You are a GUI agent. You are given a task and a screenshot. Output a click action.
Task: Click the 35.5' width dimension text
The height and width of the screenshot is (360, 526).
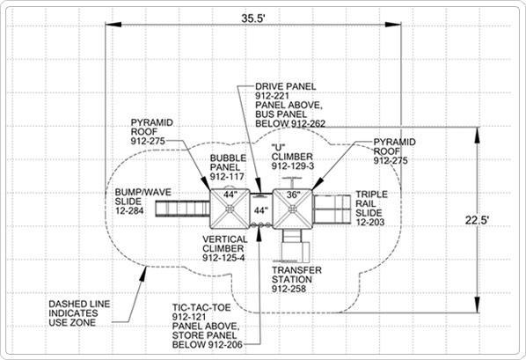(253, 18)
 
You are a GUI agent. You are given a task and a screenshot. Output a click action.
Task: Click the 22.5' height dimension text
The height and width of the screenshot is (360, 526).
(477, 220)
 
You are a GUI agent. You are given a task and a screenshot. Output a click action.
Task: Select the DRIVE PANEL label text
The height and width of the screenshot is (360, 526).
(286, 86)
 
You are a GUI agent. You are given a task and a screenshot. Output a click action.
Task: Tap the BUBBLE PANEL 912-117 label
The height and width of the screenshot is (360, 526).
(228, 167)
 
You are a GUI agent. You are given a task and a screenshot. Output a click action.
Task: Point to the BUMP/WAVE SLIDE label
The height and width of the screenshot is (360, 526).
(142, 202)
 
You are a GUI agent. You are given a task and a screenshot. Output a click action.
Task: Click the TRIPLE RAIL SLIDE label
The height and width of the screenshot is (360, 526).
(371, 209)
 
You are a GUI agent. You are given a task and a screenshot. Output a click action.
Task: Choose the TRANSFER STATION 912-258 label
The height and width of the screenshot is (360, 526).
(296, 279)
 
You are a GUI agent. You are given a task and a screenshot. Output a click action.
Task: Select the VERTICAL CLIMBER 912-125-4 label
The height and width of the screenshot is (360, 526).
(225, 248)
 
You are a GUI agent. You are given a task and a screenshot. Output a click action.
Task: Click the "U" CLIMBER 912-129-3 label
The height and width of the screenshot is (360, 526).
(292, 157)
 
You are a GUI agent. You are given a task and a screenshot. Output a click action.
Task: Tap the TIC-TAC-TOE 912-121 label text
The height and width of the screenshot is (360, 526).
(201, 312)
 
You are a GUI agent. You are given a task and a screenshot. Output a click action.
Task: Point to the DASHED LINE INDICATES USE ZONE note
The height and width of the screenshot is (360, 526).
(79, 313)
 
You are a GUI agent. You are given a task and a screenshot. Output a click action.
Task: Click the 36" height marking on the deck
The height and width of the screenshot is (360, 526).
(292, 195)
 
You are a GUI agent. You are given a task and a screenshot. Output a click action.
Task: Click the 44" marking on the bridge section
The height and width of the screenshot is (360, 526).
(260, 210)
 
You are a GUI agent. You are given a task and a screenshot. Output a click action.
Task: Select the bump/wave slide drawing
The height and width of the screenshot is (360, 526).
(183, 209)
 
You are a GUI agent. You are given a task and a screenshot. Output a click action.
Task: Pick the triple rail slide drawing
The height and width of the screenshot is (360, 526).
(332, 209)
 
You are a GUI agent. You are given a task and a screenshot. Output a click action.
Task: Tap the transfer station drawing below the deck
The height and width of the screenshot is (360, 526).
(295, 246)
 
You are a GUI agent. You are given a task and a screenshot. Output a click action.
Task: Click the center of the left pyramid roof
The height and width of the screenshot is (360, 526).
(230, 209)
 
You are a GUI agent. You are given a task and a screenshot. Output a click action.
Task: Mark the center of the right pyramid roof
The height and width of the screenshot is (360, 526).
(292, 209)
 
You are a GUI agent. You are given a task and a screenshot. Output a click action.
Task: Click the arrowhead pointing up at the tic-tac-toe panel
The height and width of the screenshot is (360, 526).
(259, 234)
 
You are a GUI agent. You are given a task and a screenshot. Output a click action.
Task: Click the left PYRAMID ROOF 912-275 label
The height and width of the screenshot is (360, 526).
(152, 132)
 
